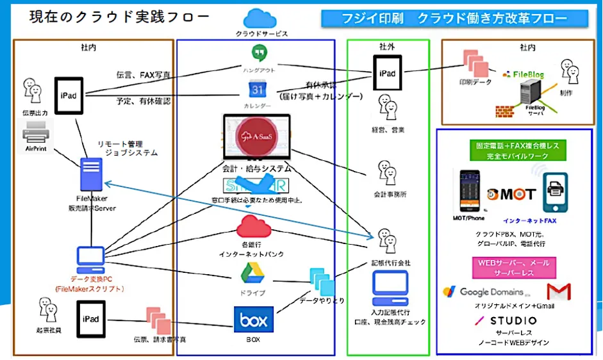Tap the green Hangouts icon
coord(258,54)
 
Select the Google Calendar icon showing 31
coord(256,90)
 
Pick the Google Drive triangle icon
coord(252,274)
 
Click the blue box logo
coord(254,318)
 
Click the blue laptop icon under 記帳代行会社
coord(388,288)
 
